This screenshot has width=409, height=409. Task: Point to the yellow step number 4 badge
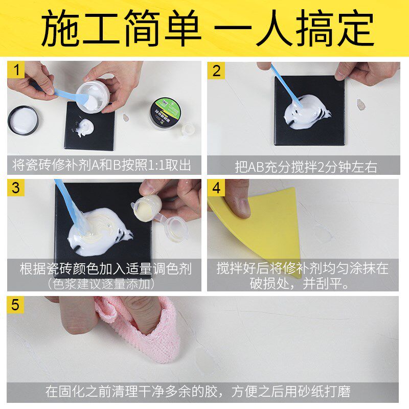(x=216, y=188)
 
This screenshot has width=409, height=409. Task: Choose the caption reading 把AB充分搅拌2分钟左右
(x=306, y=166)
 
